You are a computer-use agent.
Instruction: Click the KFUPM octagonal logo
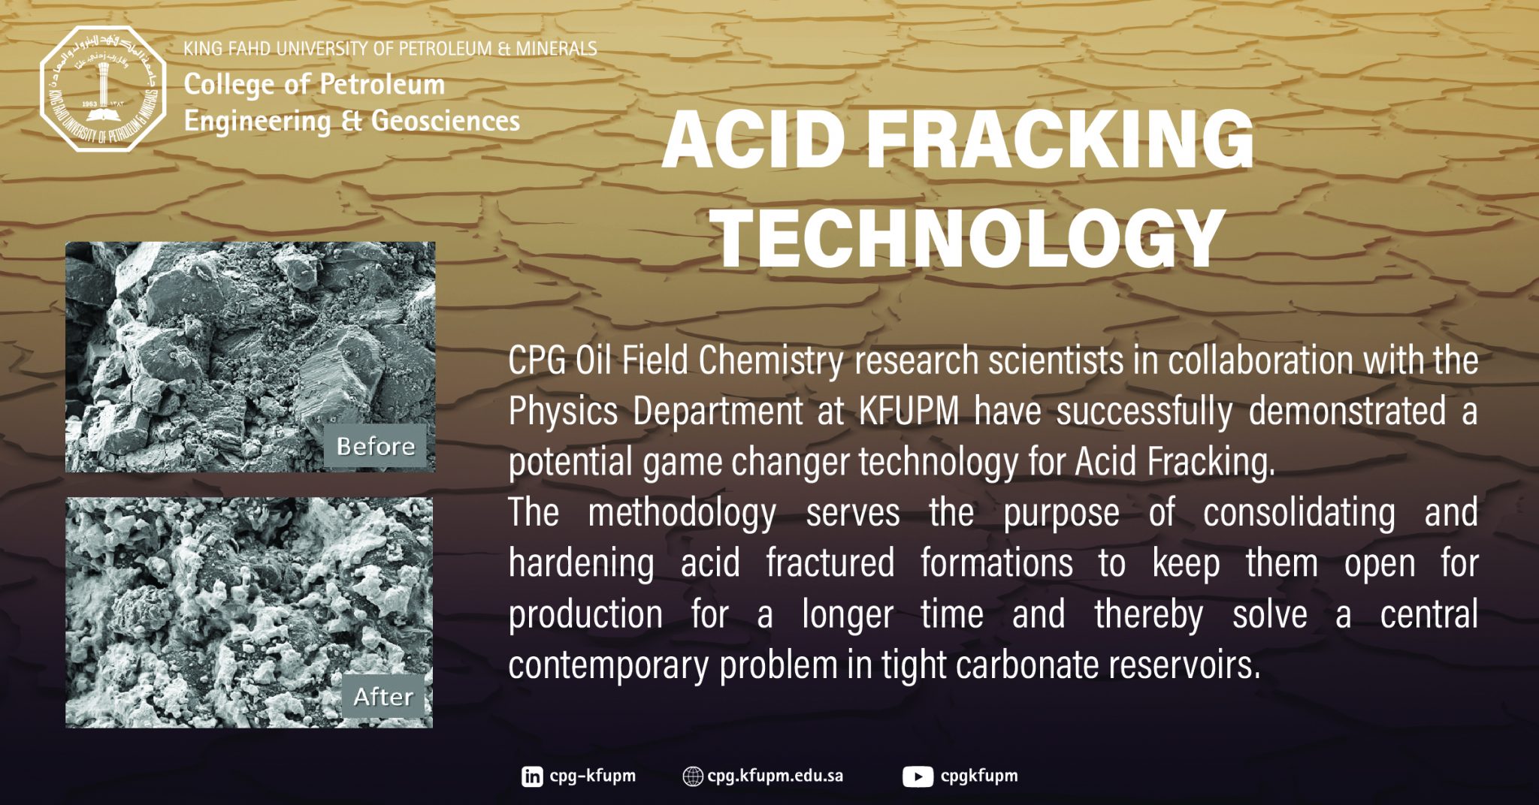tap(103, 89)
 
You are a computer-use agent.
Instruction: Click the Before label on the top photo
tap(376, 447)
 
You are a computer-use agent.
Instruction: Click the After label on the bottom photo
tap(383, 697)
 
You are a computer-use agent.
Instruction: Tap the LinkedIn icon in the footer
tap(532, 776)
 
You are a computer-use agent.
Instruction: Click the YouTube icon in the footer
tap(918, 776)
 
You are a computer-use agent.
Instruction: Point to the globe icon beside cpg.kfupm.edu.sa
tap(692, 776)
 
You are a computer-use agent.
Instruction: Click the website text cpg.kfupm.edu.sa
tap(775, 776)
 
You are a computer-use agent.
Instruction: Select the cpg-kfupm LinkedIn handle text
tap(592, 776)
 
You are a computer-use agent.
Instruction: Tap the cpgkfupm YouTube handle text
tap(979, 776)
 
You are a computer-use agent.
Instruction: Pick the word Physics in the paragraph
tap(563, 412)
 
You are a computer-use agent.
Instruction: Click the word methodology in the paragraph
tap(682, 514)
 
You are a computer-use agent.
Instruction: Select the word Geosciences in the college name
tap(446, 121)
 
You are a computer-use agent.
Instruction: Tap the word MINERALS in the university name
tap(557, 49)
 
